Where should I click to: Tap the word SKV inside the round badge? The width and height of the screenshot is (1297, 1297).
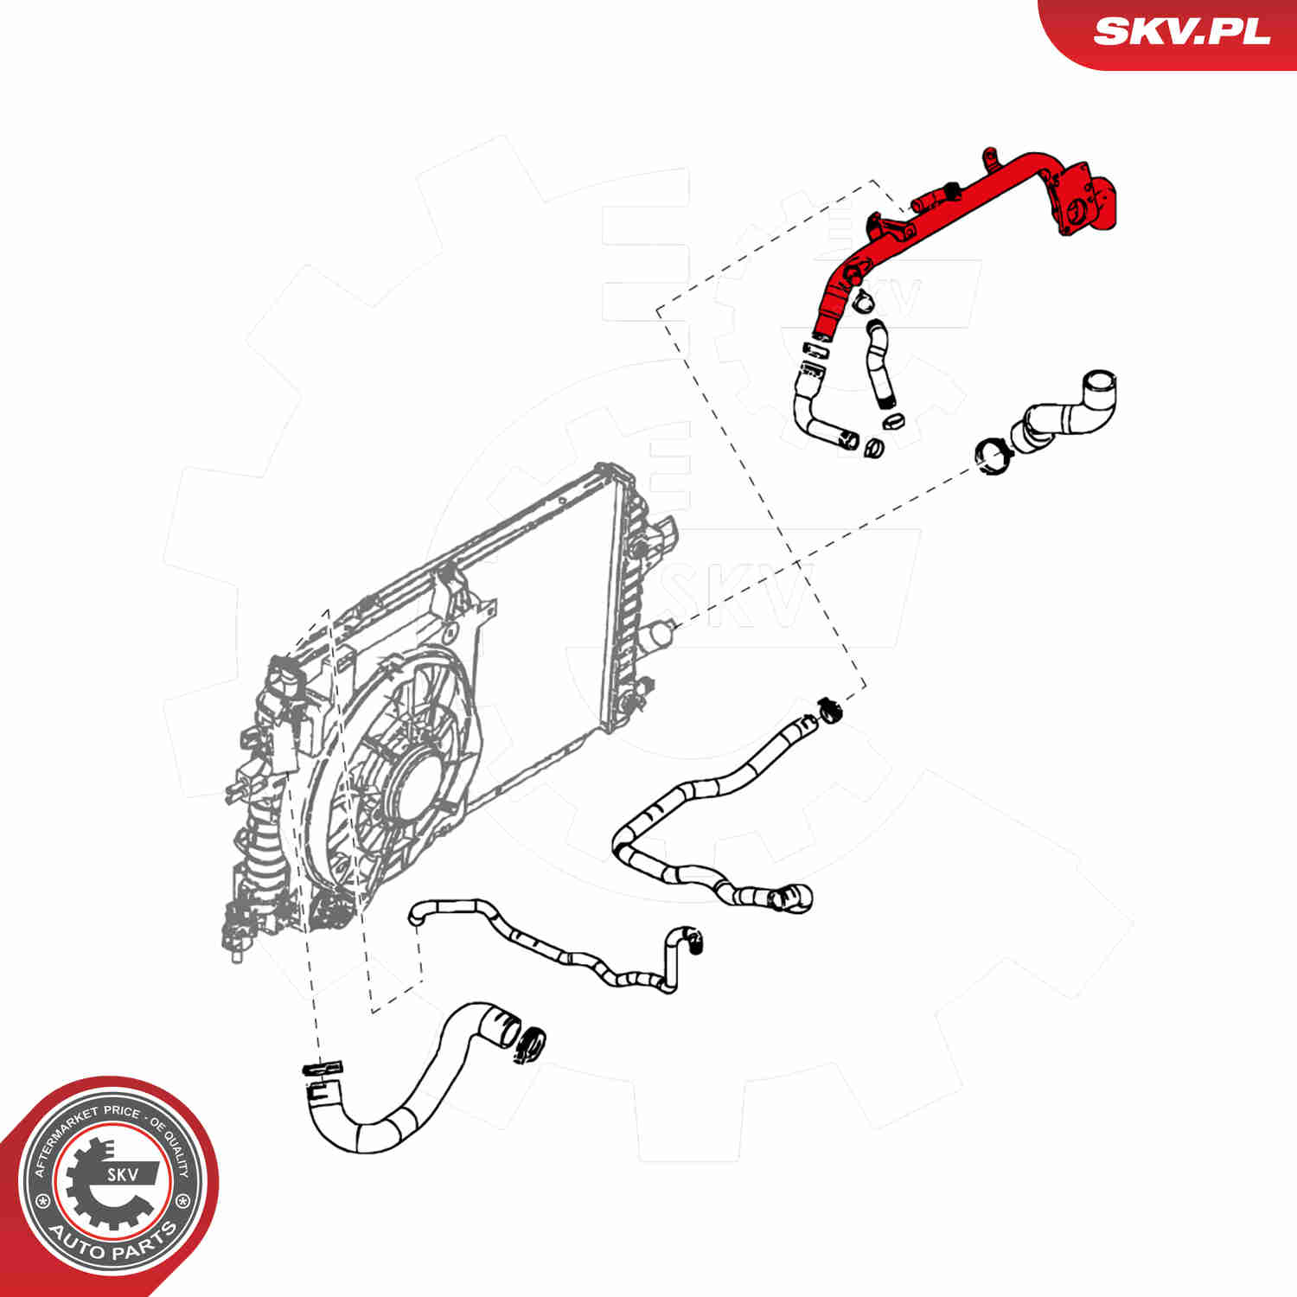120,1174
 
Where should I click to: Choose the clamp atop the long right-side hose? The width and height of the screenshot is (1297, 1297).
829,709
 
